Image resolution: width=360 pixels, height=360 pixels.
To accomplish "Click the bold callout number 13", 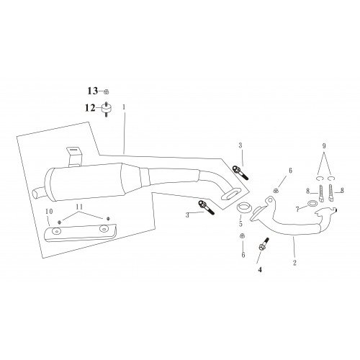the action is (x=93, y=91).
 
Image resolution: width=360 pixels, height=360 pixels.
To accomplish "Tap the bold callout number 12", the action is (x=90, y=108).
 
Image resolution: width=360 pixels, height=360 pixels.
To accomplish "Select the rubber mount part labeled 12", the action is (x=106, y=109).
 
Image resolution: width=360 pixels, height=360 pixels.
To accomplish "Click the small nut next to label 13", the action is (x=107, y=91).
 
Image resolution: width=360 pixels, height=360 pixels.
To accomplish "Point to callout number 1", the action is (x=124, y=107).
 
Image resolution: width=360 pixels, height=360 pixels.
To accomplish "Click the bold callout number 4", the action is (x=260, y=270).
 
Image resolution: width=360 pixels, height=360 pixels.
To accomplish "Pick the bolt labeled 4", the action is (x=264, y=244).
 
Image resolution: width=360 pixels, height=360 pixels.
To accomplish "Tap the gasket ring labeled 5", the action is (x=243, y=207).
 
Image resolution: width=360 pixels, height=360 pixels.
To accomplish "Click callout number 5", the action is (x=240, y=224).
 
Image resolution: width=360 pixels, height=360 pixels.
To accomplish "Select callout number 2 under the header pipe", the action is (x=294, y=263).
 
